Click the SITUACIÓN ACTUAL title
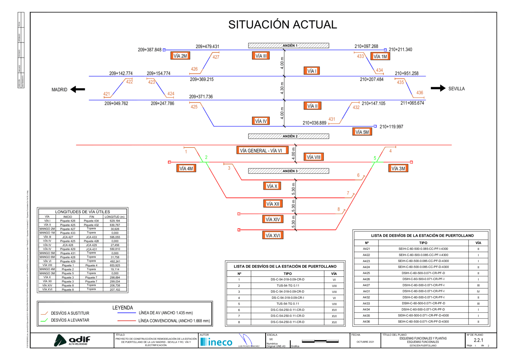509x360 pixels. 282,25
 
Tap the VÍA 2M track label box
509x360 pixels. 180,56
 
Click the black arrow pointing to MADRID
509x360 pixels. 78,90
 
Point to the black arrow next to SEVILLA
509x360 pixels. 438,88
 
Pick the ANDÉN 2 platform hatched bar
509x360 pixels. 288,136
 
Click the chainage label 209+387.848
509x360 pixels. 149,50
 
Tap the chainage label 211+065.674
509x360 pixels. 412,103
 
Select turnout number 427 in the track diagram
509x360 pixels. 216,57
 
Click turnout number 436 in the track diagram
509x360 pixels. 420,93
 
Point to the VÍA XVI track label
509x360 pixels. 273,235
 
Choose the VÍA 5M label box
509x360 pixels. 362,132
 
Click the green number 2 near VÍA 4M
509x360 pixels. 206,157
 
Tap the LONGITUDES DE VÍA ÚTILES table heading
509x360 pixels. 83,211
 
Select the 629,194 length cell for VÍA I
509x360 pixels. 115,221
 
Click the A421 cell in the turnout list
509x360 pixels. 366,249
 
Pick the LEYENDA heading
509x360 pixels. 123,308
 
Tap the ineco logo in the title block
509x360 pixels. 216,342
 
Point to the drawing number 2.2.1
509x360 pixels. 478,340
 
